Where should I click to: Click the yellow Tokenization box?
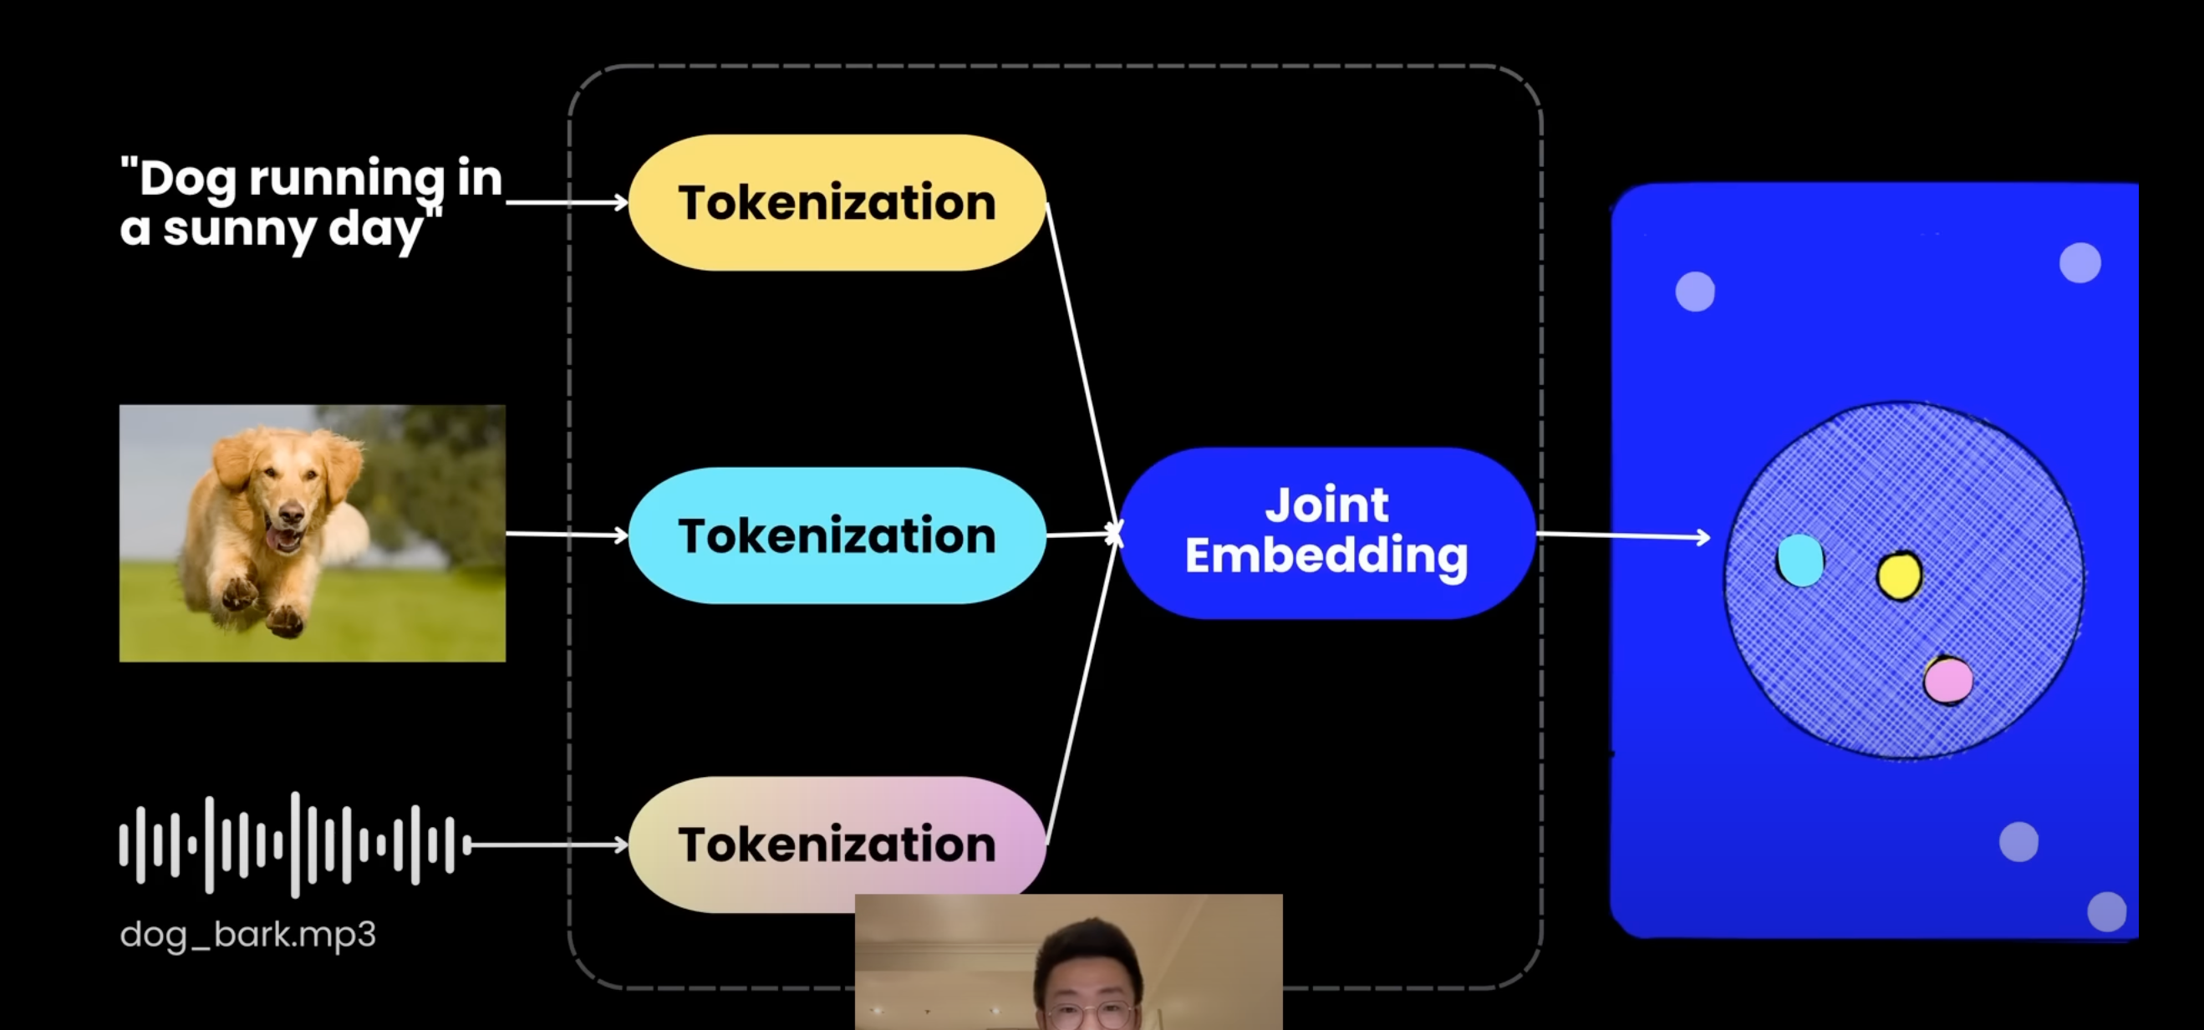coord(837,203)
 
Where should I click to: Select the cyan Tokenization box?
coord(837,535)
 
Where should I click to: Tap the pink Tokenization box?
coord(837,845)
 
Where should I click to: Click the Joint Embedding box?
coord(1326,532)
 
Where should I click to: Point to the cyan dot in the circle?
coord(1800,561)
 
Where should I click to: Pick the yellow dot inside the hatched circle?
coord(1900,576)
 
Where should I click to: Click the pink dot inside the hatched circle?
coord(1948,680)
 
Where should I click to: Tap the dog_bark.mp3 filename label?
coord(248,934)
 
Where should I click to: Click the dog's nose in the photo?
coord(291,515)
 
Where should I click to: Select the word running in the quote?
coord(347,180)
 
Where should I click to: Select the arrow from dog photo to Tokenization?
coord(567,535)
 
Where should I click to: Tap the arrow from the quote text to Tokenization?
coord(567,202)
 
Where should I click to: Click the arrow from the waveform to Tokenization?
coord(547,845)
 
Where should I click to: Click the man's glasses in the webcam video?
coord(1090,1016)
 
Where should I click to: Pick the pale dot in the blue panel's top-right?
coord(2080,262)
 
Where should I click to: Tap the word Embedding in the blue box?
coord(1326,556)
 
